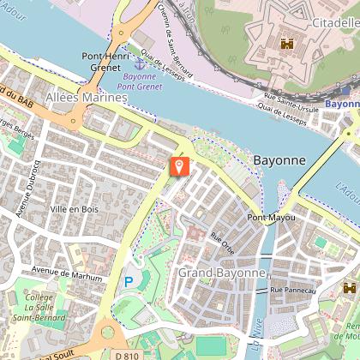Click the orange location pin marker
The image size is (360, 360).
[178, 165]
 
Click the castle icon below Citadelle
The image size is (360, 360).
[286, 43]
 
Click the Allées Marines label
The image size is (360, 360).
[86, 99]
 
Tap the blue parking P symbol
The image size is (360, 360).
[129, 280]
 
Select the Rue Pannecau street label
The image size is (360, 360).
[294, 291]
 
